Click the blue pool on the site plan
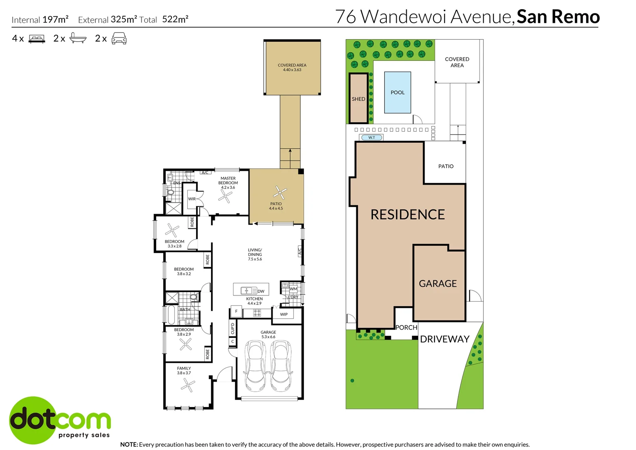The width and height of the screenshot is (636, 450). [397, 92]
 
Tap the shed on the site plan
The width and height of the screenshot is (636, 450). [358, 98]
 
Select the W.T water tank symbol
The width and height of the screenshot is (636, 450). [371, 137]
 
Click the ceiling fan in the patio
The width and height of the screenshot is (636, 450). [280, 192]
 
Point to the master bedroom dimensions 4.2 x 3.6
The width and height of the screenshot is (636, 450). [228, 187]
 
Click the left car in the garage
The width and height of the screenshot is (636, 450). [255, 366]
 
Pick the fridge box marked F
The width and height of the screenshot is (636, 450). [236, 311]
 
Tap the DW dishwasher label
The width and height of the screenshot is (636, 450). [261, 291]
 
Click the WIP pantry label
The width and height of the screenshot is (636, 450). [284, 315]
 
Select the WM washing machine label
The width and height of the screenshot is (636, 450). [293, 289]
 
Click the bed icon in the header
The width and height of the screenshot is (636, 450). [37, 39]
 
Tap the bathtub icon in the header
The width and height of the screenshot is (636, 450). [78, 38]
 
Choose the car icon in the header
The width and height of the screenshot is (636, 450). [119, 38]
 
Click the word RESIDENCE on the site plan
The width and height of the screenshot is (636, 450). [407, 215]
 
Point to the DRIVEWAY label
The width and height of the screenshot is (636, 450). [445, 339]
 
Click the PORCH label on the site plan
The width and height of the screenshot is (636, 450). [406, 327]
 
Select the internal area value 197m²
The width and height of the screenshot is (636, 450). [55, 19]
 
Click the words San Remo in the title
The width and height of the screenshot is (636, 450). [558, 17]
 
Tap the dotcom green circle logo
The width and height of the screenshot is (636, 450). [32, 420]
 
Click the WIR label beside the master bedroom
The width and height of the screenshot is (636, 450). [192, 199]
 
